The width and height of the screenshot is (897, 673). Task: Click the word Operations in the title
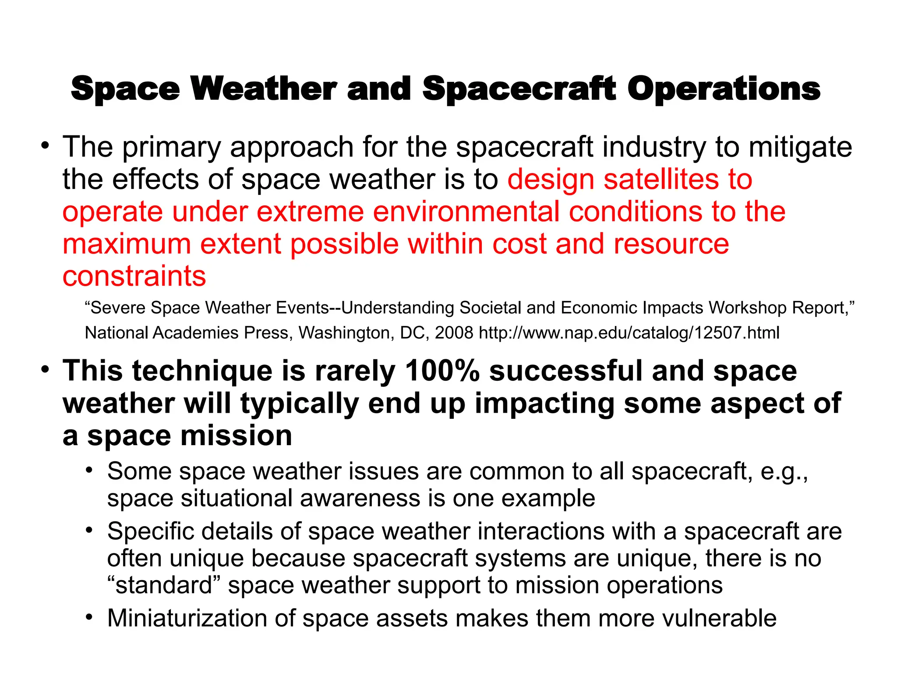pos(724,89)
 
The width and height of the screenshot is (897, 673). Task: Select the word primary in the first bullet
pos(171,147)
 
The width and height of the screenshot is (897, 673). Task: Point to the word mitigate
pos(800,147)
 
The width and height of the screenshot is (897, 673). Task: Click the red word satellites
pos(662,180)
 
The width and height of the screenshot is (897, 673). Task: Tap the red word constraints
pos(134,276)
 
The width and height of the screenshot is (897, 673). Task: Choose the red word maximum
pos(127,244)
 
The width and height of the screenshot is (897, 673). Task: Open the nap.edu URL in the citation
pos(629,333)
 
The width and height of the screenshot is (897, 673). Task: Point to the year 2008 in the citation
pos(454,333)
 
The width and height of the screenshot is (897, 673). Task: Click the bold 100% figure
pos(442,371)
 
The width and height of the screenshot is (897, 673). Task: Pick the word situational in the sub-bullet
pos(240,499)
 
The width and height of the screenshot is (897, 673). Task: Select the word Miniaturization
pos(187,618)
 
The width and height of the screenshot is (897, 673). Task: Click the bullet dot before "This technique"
pos(45,370)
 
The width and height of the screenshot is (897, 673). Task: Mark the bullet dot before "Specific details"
pos(90,531)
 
